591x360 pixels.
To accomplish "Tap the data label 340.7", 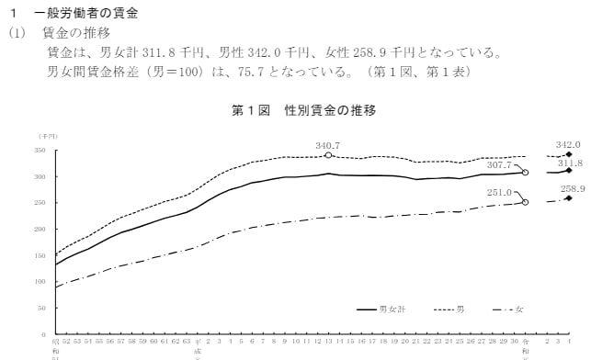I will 327,145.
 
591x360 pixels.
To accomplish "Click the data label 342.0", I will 568,144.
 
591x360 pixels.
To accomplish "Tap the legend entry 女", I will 519,311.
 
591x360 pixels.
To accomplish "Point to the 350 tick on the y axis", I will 40,150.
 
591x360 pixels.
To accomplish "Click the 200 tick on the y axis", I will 40,229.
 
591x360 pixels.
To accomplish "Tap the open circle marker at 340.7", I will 328,155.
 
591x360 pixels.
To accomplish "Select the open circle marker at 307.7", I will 525,172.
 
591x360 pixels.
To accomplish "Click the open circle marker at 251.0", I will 525,202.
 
